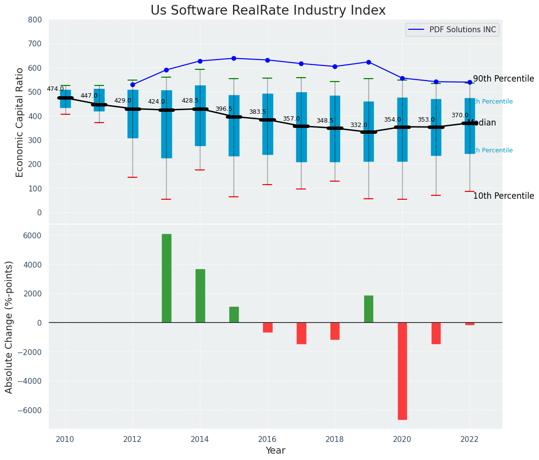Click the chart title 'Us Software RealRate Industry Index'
pyautogui.click(x=268, y=11)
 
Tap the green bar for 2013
pyautogui.click(x=167, y=278)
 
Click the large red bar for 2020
pyautogui.click(x=402, y=371)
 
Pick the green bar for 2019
pyautogui.click(x=368, y=309)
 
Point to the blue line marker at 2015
pyautogui.click(x=234, y=58)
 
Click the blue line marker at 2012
pyautogui.click(x=132, y=84)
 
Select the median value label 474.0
pyautogui.click(x=55, y=89)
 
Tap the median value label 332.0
pyautogui.click(x=358, y=125)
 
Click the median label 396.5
pyautogui.click(x=224, y=109)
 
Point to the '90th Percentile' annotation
pyautogui.click(x=503, y=79)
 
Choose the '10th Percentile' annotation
pyautogui.click(x=503, y=196)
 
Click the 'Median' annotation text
pyautogui.click(x=481, y=123)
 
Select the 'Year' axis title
pyautogui.click(x=276, y=451)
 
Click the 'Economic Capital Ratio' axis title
pyautogui.click(x=20, y=122)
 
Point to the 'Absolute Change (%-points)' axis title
pyautogui.click(x=9, y=327)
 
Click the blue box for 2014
pyautogui.click(x=200, y=115)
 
